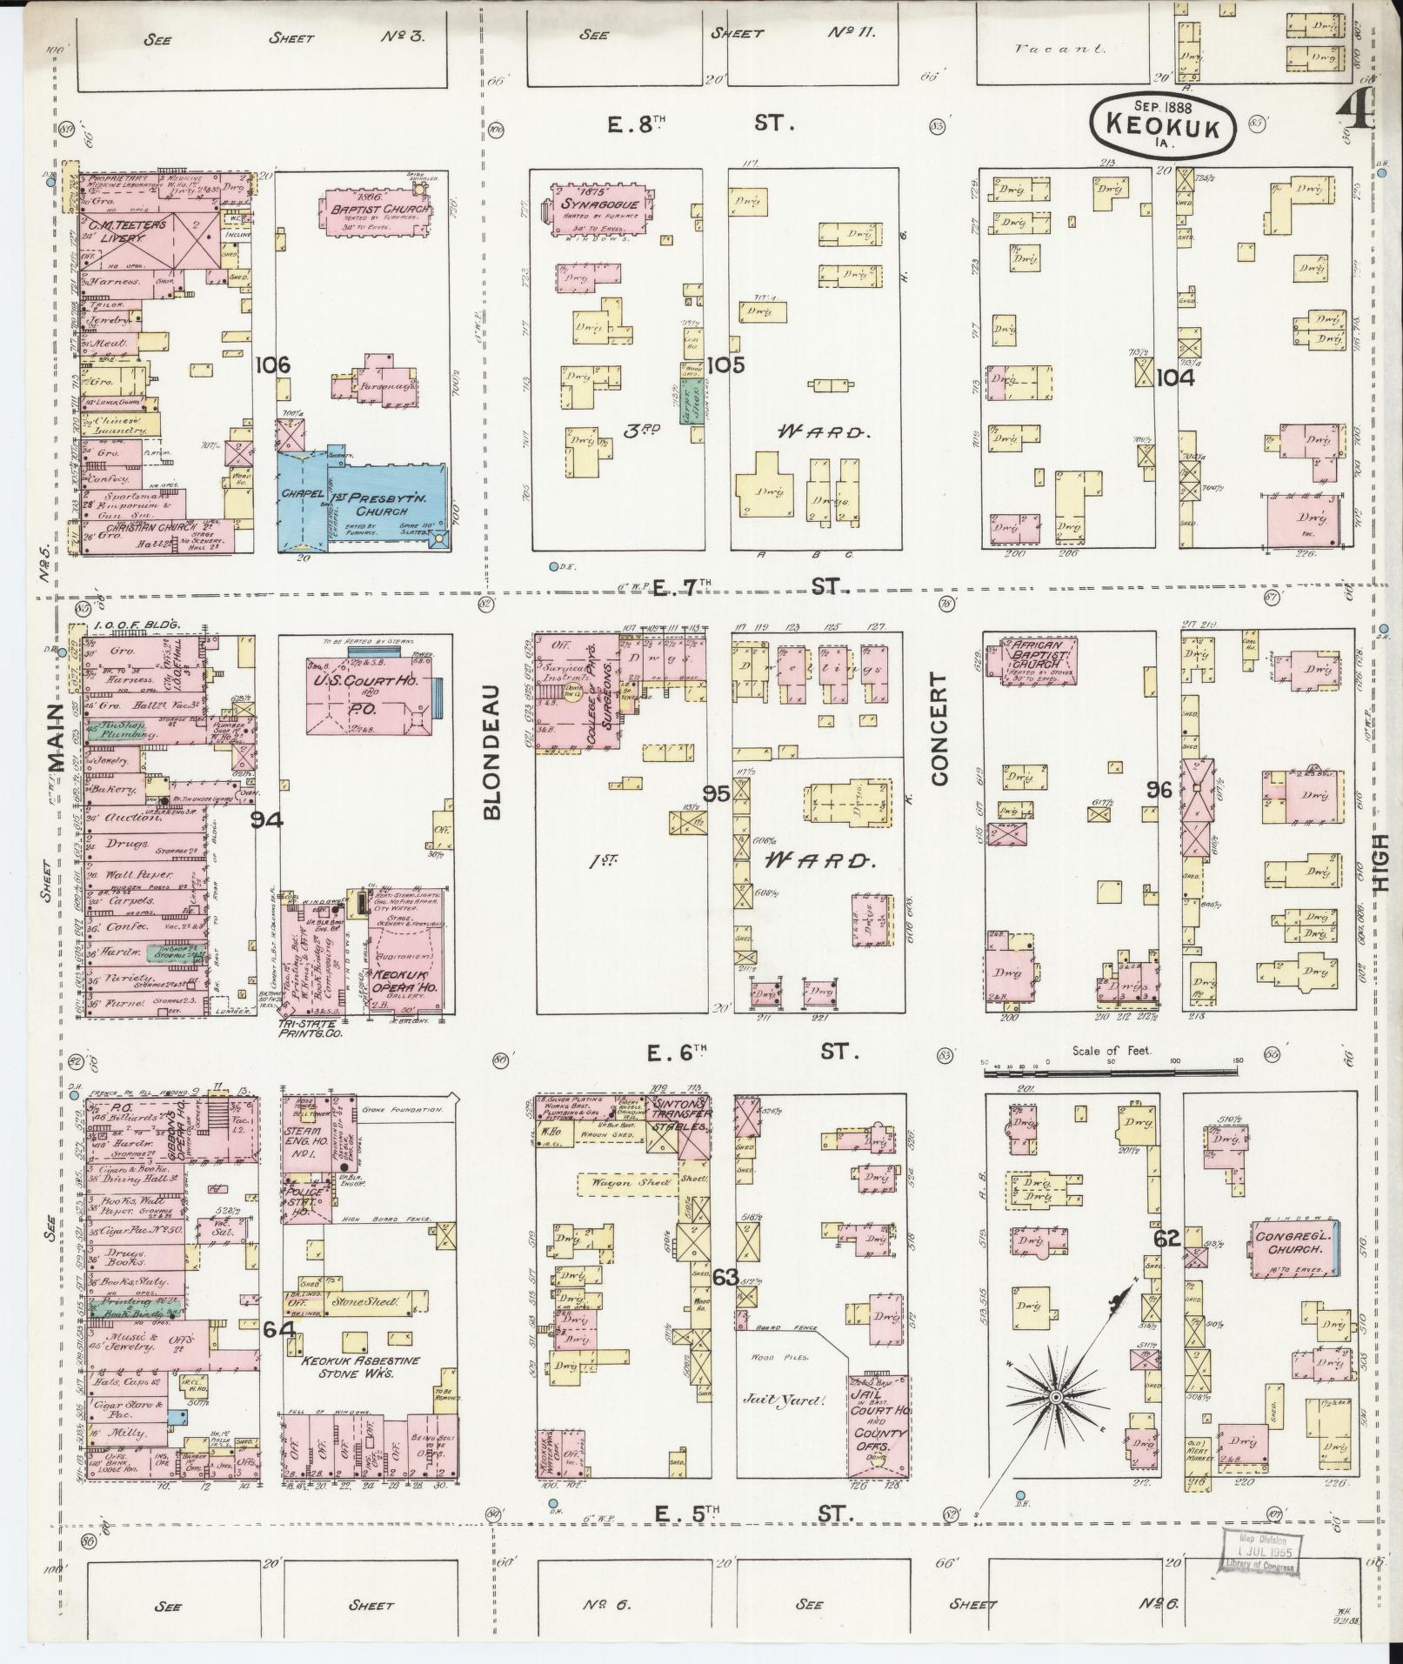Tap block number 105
[725, 365]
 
